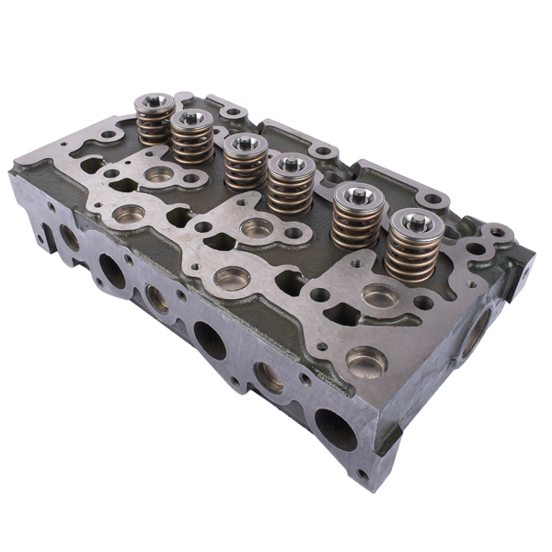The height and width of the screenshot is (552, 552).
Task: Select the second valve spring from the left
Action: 192,140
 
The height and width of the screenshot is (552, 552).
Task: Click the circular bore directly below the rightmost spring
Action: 379,297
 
